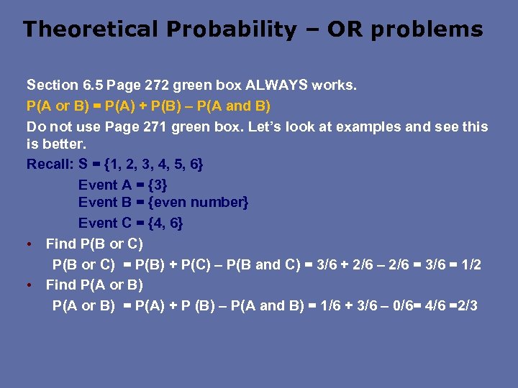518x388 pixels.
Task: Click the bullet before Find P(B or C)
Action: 29,244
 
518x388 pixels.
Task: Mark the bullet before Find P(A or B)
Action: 29,285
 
